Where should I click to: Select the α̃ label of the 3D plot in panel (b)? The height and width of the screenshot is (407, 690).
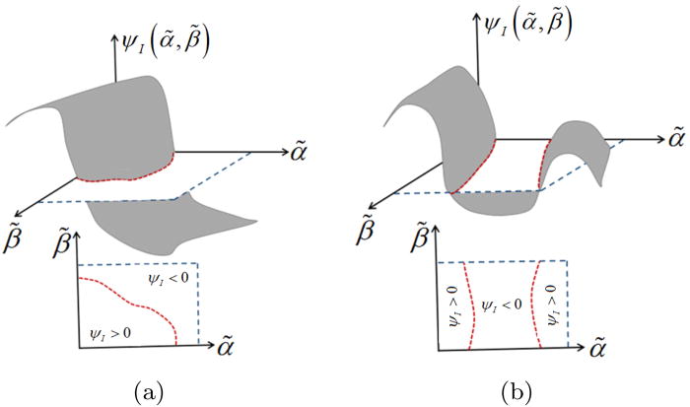(675, 137)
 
